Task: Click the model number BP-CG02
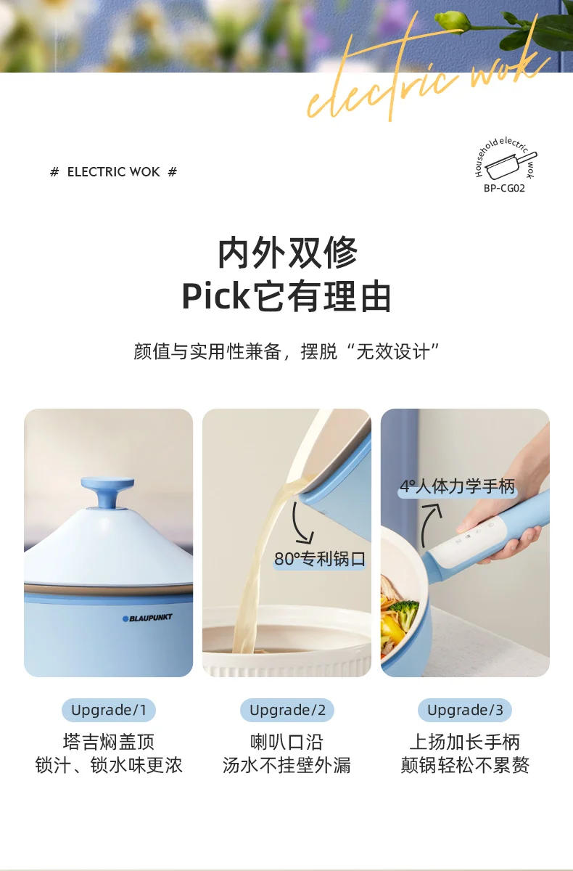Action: point(504,188)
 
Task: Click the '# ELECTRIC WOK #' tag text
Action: point(113,172)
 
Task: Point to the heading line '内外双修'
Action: point(287,253)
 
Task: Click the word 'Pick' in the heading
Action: point(215,296)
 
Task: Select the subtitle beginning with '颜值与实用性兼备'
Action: point(287,352)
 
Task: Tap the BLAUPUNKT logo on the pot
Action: point(147,618)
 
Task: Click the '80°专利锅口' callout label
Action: point(319,560)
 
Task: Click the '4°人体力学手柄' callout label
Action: point(458,487)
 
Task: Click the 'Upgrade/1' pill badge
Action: point(109,710)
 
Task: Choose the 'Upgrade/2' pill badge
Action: point(287,710)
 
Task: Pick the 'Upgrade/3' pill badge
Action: point(465,710)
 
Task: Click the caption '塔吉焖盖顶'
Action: point(109,742)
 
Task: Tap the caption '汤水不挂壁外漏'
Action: point(287,765)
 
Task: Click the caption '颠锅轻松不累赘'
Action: point(465,765)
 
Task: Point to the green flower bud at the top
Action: point(450,20)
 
